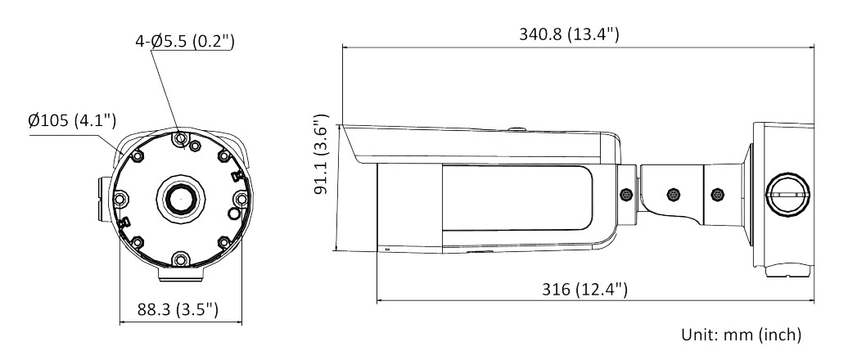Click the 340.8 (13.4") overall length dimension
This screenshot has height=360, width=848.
pos(569,34)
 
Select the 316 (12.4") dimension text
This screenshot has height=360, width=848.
pos(584,289)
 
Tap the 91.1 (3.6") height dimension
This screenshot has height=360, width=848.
pos(321,154)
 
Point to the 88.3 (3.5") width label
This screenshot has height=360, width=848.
pos(178,309)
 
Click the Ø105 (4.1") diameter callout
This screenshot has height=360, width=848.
pos(72,120)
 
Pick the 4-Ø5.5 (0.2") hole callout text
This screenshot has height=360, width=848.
pos(185,41)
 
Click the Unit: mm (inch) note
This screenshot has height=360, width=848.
pos(741,335)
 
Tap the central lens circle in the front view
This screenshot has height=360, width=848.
pos(181,199)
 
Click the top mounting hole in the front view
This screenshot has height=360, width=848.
pos(181,138)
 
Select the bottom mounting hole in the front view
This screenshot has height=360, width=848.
pos(181,260)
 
